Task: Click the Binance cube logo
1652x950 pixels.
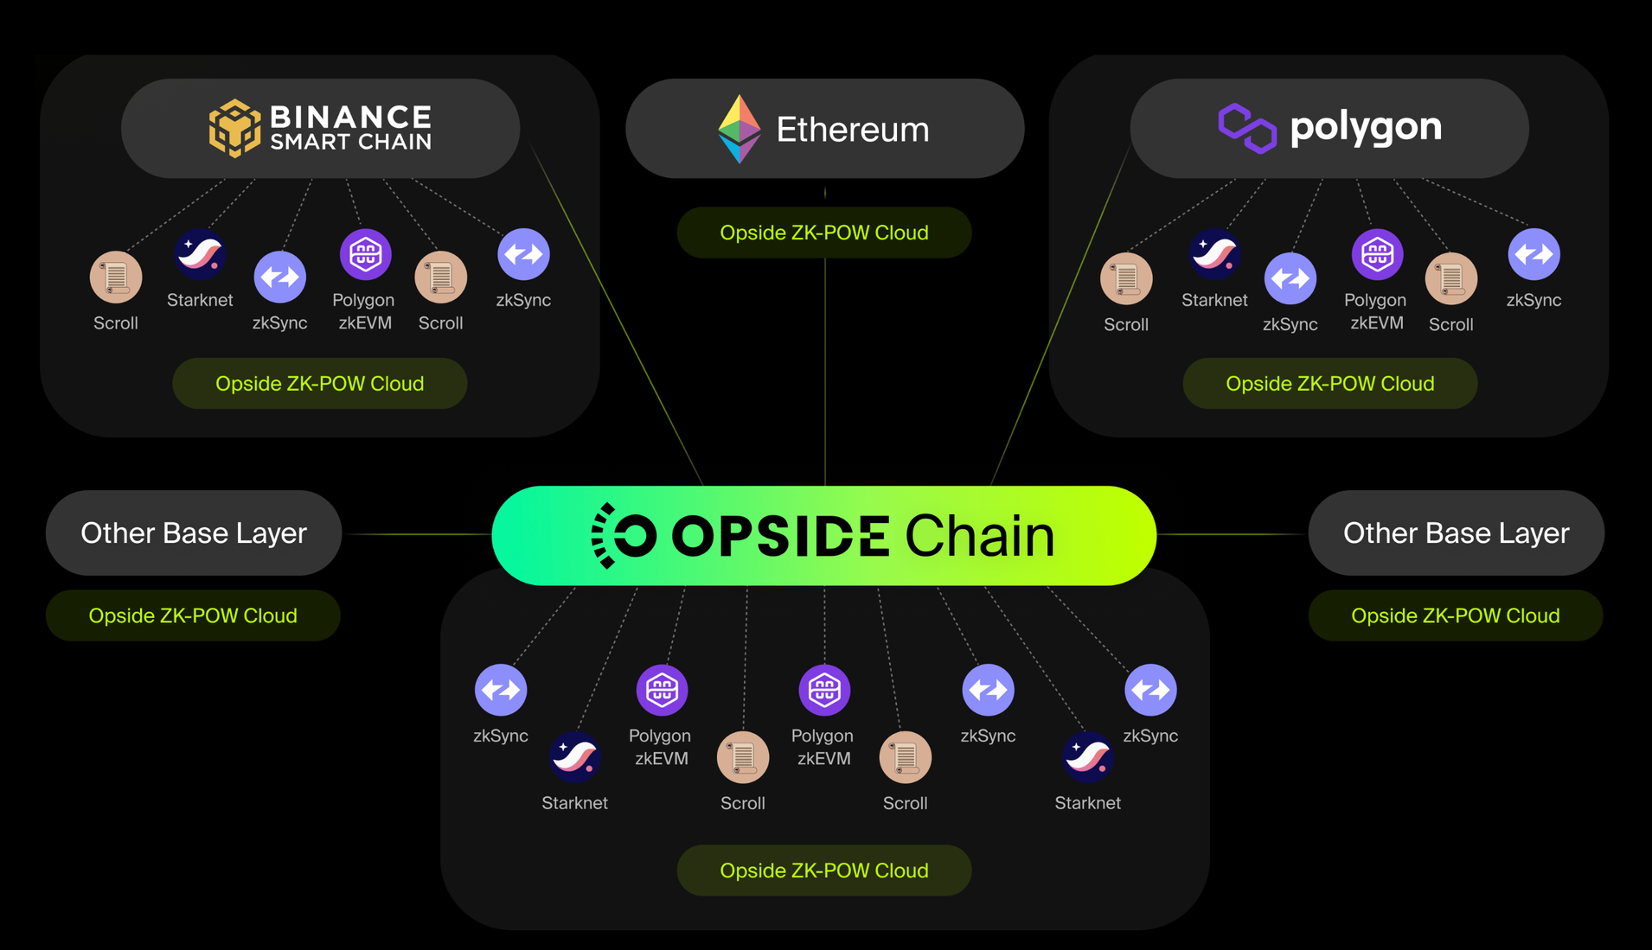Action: point(234,129)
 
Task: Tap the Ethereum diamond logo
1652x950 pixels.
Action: point(740,129)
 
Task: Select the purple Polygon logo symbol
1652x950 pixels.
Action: point(1246,128)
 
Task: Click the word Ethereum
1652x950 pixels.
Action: point(852,130)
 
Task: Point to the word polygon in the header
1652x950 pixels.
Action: point(1365,128)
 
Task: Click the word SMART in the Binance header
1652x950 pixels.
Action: point(308,142)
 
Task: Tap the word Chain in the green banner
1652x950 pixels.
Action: point(979,536)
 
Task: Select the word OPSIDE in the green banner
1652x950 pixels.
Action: point(780,536)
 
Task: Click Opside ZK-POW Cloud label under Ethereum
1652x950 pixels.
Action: point(824,233)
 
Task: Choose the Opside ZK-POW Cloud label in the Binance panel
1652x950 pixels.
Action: point(319,384)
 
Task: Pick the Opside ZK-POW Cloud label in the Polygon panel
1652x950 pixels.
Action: point(1329,384)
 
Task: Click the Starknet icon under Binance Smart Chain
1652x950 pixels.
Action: point(200,254)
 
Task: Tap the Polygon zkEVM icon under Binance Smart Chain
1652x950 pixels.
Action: point(365,254)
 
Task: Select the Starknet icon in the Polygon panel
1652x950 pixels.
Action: point(1214,254)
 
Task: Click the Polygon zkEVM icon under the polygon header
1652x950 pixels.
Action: point(1377,254)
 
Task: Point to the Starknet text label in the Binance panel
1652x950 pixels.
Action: point(200,300)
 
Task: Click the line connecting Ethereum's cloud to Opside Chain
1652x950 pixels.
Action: point(825,372)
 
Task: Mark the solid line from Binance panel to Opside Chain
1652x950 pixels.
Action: point(618,320)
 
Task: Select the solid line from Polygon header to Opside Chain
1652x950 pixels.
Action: point(1060,320)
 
